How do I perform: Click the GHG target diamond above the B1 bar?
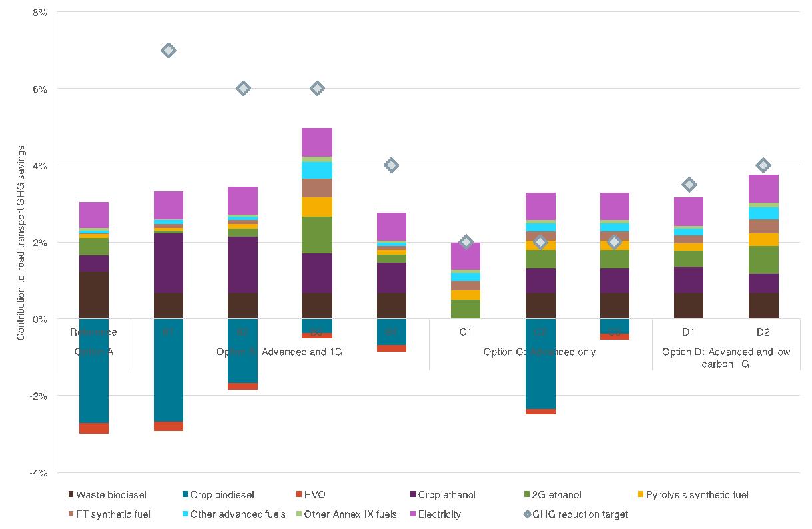(169, 50)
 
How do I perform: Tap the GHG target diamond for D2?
(763, 165)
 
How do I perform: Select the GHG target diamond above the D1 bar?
(689, 185)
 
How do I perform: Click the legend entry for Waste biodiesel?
(107, 495)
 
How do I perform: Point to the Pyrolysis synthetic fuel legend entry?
(693, 495)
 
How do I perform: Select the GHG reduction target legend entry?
(576, 514)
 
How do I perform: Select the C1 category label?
(466, 332)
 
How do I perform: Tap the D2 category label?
(763, 332)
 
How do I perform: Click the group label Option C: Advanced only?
(540, 352)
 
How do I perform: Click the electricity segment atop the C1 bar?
(466, 256)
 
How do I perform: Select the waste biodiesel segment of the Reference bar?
(94, 295)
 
